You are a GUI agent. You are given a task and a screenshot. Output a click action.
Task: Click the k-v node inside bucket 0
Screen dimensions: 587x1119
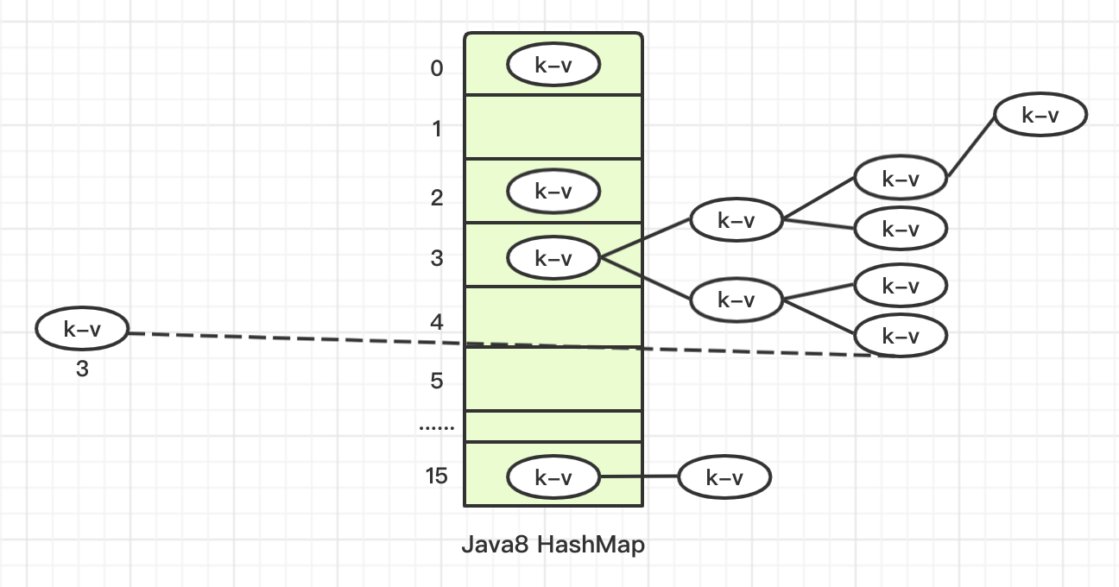coord(553,65)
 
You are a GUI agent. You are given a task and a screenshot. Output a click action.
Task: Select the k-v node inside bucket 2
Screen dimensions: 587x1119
coord(553,192)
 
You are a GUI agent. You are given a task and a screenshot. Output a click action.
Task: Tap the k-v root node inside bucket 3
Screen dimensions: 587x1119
coord(553,257)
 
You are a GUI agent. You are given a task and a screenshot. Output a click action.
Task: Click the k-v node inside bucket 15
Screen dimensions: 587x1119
coord(553,477)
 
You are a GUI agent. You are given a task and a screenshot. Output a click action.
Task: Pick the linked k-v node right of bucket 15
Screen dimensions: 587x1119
coord(724,477)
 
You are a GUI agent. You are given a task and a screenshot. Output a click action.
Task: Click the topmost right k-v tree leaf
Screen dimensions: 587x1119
coord(1040,115)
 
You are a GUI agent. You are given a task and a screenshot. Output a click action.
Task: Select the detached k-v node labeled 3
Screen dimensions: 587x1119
coord(82,329)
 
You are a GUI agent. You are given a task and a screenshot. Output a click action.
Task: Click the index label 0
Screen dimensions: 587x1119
coord(437,68)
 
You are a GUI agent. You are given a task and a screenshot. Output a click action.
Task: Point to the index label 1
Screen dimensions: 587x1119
coord(437,129)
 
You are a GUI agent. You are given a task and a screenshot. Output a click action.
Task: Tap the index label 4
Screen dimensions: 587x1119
coord(437,323)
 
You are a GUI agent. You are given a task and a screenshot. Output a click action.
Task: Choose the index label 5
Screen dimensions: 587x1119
coord(437,381)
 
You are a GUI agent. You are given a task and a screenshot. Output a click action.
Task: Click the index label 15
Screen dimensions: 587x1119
coord(437,476)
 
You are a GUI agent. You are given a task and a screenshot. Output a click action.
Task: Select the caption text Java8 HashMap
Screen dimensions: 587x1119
coord(553,546)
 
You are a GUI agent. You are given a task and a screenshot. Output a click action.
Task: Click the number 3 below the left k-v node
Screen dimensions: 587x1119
coord(82,369)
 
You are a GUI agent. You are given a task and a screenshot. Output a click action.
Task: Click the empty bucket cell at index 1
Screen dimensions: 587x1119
coord(553,127)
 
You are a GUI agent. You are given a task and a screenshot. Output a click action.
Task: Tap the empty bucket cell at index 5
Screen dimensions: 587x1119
coord(553,380)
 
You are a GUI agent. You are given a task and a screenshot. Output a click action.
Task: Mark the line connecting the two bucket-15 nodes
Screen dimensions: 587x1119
coord(639,477)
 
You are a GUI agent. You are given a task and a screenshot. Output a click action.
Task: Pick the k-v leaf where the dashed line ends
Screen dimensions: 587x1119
coord(901,336)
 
